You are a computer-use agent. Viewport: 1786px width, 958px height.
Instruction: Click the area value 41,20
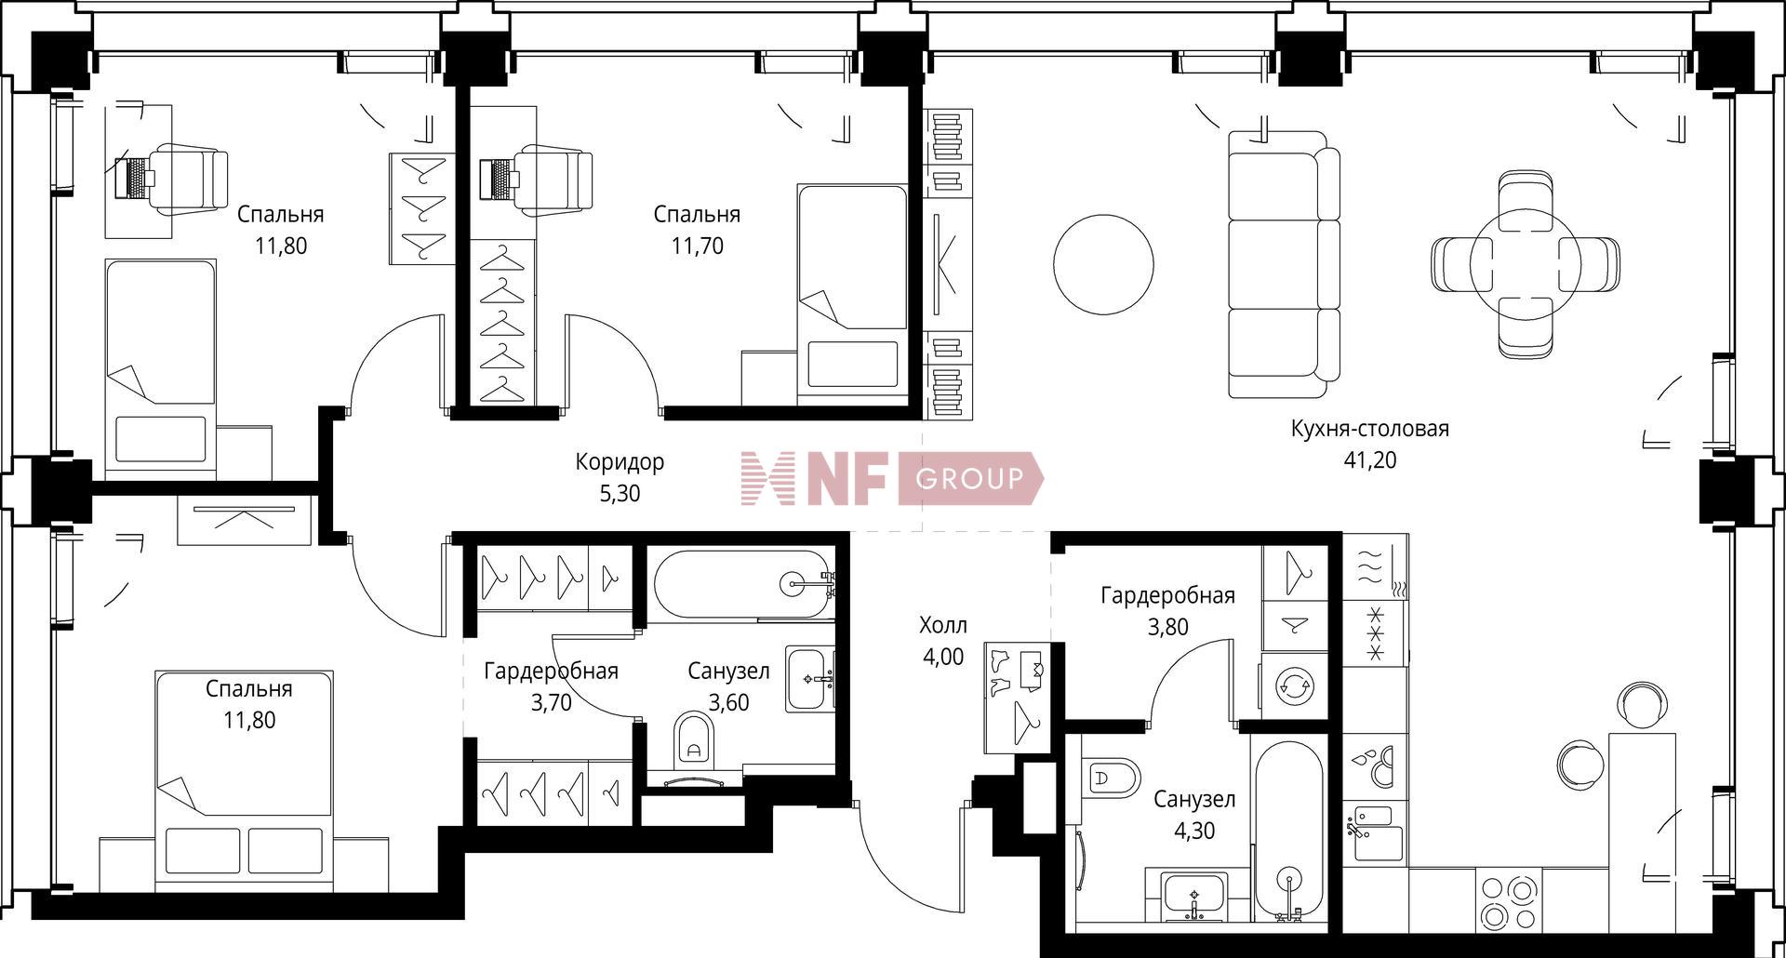click(x=1369, y=460)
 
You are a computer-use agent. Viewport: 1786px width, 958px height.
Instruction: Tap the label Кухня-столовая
click(x=1369, y=429)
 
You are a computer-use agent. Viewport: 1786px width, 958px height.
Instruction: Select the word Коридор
click(x=620, y=461)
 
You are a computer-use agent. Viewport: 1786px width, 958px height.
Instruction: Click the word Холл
click(x=943, y=624)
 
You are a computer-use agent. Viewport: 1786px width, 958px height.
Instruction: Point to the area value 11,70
click(x=697, y=246)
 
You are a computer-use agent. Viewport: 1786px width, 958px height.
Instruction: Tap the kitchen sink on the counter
click(x=1375, y=831)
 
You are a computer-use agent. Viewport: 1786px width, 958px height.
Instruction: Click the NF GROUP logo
click(x=891, y=479)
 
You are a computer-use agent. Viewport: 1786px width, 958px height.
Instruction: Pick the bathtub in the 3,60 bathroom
click(x=740, y=584)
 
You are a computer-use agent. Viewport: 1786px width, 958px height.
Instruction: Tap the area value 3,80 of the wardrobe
click(x=1167, y=627)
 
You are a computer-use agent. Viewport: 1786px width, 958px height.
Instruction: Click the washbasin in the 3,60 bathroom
click(x=809, y=679)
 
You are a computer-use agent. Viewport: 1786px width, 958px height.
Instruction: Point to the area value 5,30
click(x=620, y=493)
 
